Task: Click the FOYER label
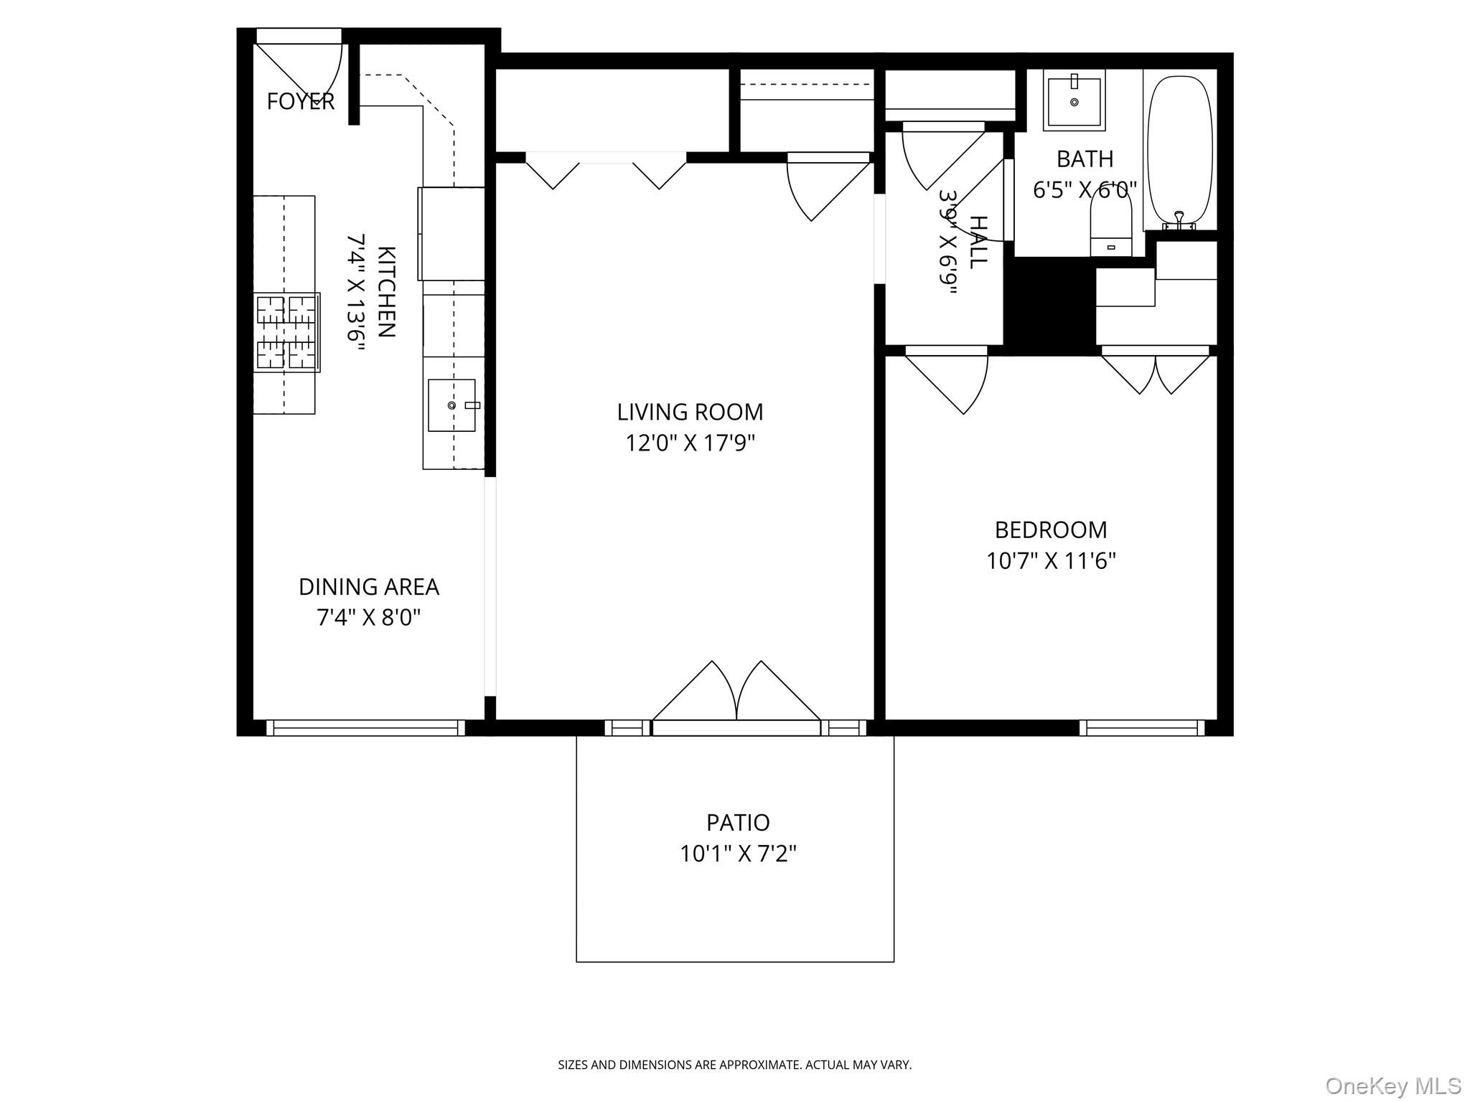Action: (300, 102)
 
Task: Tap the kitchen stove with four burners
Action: (287, 332)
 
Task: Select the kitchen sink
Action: (451, 405)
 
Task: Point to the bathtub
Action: (1180, 151)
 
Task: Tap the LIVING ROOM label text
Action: (690, 412)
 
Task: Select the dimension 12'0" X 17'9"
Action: (690, 443)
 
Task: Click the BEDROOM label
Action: (1050, 530)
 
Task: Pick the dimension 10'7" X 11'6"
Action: (1050, 561)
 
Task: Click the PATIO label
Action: (738, 822)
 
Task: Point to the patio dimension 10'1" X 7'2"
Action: (738, 854)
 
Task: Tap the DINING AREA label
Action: (368, 587)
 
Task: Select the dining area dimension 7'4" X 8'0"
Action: (368, 618)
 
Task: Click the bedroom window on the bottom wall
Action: (1142, 727)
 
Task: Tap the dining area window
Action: (366, 727)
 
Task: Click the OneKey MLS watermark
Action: (1392, 1085)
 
